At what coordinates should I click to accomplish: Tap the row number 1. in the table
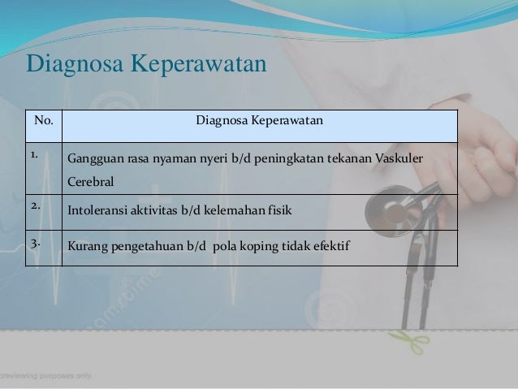(37, 152)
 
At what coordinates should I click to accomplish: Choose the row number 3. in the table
(37, 241)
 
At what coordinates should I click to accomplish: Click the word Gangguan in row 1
(92, 158)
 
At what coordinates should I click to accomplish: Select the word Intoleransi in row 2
(95, 211)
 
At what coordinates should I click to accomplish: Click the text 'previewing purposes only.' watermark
(47, 376)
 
